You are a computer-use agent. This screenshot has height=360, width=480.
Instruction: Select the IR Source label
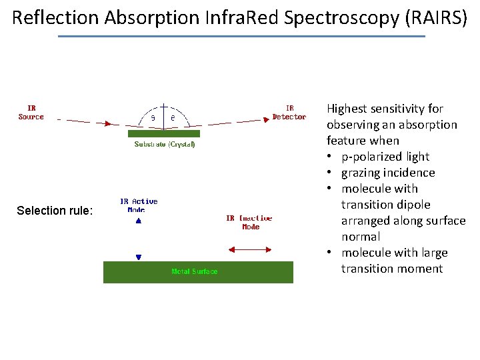coord(31,113)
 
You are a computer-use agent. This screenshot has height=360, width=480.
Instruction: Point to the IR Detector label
coord(289,113)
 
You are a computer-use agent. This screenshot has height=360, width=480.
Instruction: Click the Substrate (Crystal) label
coord(165,145)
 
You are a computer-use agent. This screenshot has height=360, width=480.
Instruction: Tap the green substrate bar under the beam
coord(164,133)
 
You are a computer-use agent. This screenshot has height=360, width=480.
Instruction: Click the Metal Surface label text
coord(194,271)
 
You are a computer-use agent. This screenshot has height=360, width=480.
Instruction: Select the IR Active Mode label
coord(139,205)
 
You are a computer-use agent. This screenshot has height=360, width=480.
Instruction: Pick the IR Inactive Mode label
coord(249,223)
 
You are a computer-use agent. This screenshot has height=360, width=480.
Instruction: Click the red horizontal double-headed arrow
coord(249,250)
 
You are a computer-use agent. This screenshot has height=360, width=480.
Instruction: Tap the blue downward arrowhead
coord(139,257)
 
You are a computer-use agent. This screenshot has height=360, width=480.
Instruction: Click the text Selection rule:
coord(55,211)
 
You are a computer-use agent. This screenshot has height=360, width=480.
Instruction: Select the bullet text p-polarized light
coord(385,157)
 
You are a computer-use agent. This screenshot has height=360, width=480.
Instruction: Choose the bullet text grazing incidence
coord(388,173)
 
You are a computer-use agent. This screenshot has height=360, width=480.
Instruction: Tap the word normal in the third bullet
coord(361,237)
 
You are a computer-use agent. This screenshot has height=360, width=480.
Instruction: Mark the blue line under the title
coord(241,36)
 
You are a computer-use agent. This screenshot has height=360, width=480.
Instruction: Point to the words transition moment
coord(392,269)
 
